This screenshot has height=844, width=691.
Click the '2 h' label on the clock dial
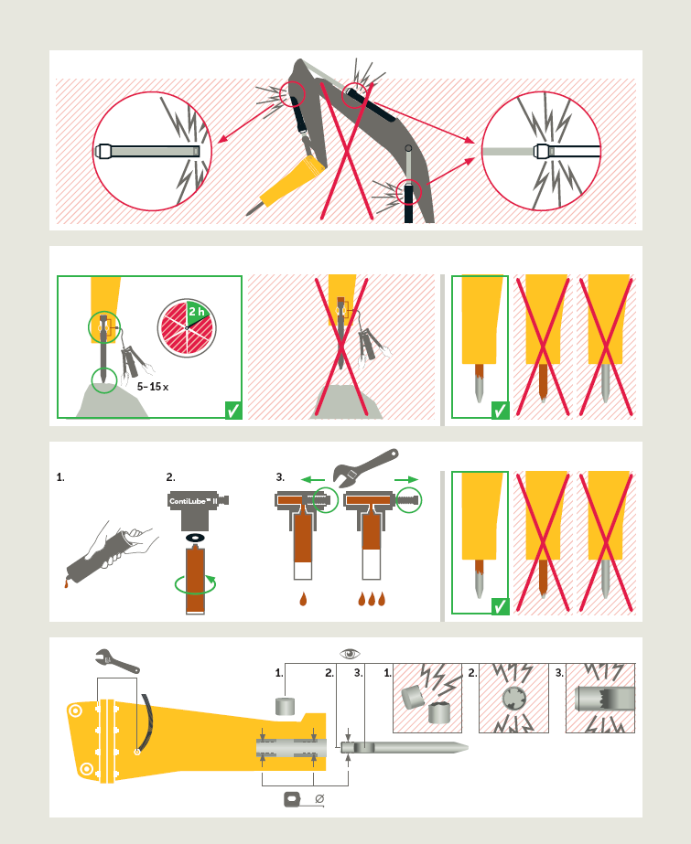196,312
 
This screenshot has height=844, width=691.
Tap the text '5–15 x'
153,387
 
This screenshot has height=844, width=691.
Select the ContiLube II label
193,501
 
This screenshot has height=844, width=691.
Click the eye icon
351,654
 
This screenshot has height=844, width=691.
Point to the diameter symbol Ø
319,799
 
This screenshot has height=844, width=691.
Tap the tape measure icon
291,799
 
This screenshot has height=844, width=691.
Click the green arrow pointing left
313,479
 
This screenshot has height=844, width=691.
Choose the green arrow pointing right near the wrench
406,479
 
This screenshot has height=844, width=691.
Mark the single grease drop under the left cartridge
303,599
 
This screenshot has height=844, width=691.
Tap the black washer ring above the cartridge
194,538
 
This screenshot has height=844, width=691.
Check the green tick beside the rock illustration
233,411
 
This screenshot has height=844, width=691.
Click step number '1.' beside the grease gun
60,477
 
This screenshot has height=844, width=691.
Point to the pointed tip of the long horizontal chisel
468,747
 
